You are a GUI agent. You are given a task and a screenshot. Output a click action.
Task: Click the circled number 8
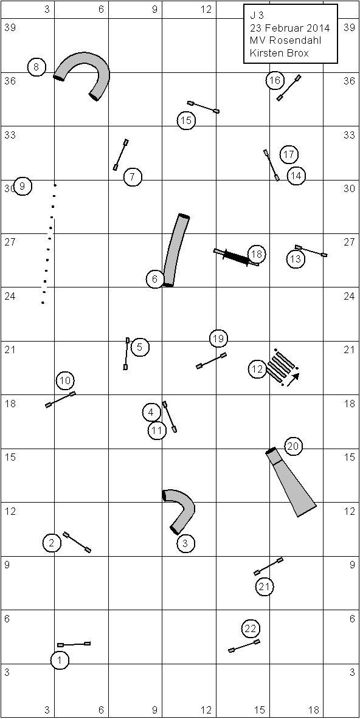(36, 67)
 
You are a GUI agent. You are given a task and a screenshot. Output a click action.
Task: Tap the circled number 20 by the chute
(294, 446)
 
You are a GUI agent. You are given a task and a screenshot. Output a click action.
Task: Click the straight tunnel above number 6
(176, 250)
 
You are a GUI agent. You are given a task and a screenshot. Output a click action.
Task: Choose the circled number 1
(60, 660)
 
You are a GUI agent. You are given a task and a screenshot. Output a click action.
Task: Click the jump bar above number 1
(74, 644)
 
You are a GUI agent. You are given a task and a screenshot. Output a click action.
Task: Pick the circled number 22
(251, 628)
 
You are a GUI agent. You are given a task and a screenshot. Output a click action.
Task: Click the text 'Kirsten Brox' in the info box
(279, 53)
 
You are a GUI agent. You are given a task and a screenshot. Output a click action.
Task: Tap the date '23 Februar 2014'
(290, 29)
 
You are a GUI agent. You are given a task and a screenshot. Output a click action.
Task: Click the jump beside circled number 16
(289, 88)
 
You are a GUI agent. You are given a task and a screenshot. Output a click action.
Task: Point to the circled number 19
(218, 339)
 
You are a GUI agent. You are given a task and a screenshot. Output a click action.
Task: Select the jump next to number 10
(61, 399)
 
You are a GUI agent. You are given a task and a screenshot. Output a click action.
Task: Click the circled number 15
(186, 120)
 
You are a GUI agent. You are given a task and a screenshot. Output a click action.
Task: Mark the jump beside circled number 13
(311, 251)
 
